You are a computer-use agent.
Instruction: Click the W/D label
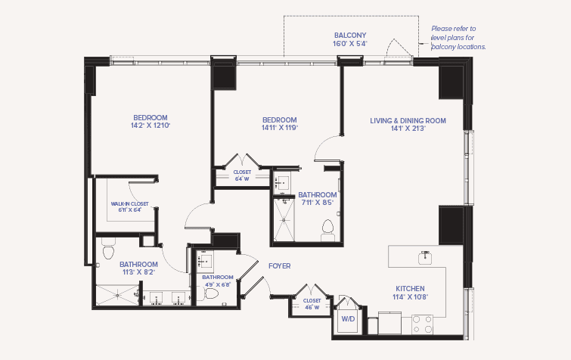pos(348,319)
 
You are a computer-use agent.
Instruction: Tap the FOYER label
pos(279,266)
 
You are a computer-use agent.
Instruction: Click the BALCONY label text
pos(350,36)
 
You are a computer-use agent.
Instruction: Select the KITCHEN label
pos(410,289)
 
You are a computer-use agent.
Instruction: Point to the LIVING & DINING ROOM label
pos(408,120)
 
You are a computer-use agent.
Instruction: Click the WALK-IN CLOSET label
pos(129,204)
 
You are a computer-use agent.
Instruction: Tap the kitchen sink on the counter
pos(425,257)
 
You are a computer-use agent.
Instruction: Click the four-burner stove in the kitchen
pos(423,324)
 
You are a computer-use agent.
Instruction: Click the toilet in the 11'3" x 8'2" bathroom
pos(108,249)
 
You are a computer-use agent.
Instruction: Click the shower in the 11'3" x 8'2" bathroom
pos(117,295)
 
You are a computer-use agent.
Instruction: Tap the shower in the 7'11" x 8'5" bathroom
pos(284,219)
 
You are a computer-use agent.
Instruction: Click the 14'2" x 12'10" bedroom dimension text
pos(151,126)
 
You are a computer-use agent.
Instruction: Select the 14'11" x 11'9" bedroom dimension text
pos(279,128)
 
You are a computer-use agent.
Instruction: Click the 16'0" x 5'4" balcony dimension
pos(350,44)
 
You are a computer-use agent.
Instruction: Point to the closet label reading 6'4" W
pos(242,178)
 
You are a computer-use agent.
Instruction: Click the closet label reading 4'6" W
pos(312,307)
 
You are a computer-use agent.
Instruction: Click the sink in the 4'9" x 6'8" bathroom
pos(205,262)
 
